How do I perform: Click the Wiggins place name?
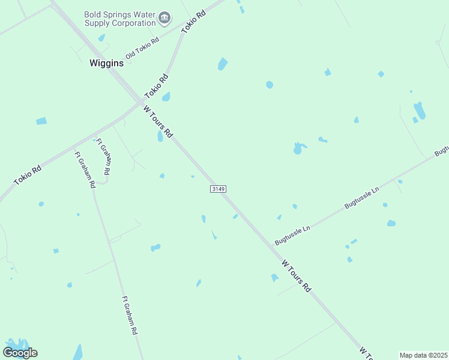tap(106, 63)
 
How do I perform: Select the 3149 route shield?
tap(218, 189)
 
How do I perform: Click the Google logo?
tap(20, 352)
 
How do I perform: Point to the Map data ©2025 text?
tap(423, 355)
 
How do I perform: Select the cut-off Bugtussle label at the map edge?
tap(441, 149)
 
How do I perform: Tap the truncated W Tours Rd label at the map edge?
tap(367, 352)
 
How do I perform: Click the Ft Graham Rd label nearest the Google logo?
tap(130, 315)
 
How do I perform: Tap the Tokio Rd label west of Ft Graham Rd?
tap(27, 175)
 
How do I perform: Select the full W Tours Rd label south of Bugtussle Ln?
tap(297, 276)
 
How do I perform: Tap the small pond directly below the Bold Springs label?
tap(101, 38)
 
